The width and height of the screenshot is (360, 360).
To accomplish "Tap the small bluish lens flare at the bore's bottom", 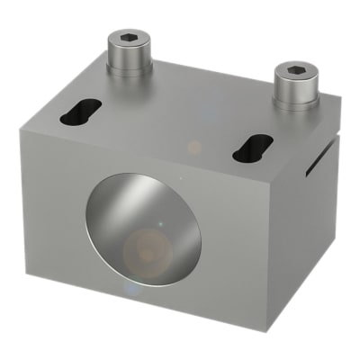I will pyautogui.click(x=133, y=290).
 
